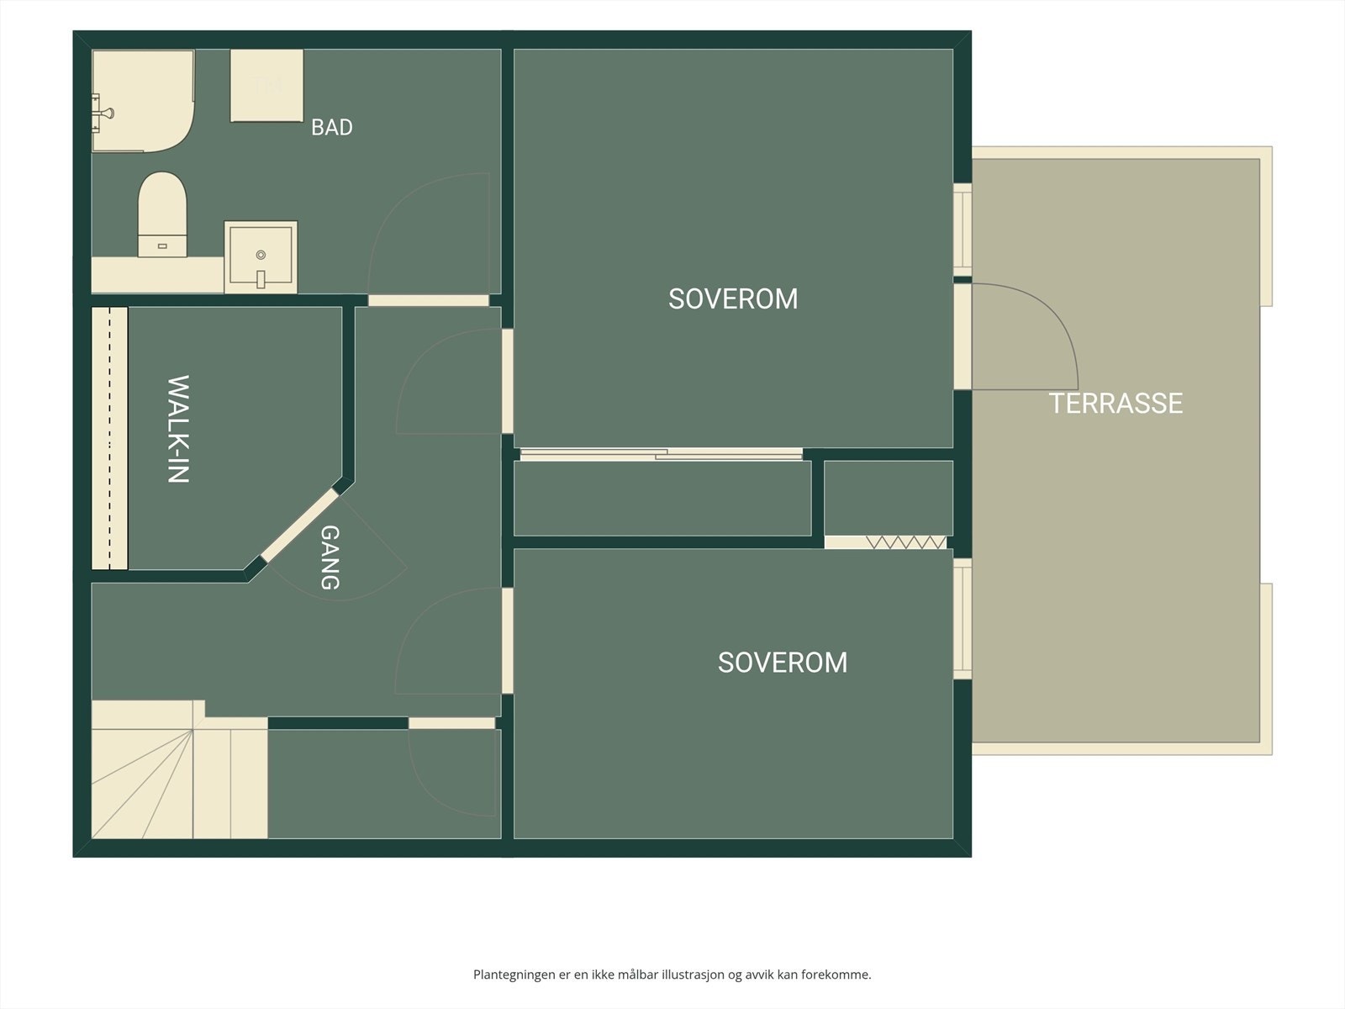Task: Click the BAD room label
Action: click(331, 128)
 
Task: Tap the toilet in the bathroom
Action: click(161, 214)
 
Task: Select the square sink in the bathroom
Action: click(261, 256)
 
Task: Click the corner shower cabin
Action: click(143, 100)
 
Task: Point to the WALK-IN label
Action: click(178, 430)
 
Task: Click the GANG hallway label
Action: click(330, 557)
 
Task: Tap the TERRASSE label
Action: click(1116, 403)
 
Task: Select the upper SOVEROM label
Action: click(733, 299)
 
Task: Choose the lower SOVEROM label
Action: click(783, 663)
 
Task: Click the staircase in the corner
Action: click(179, 769)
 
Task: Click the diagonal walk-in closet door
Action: click(299, 525)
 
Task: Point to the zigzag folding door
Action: click(905, 542)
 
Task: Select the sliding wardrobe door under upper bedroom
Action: click(662, 454)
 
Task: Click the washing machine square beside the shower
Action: click(266, 86)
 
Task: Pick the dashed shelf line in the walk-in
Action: click(109, 438)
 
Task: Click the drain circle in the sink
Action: click(261, 255)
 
